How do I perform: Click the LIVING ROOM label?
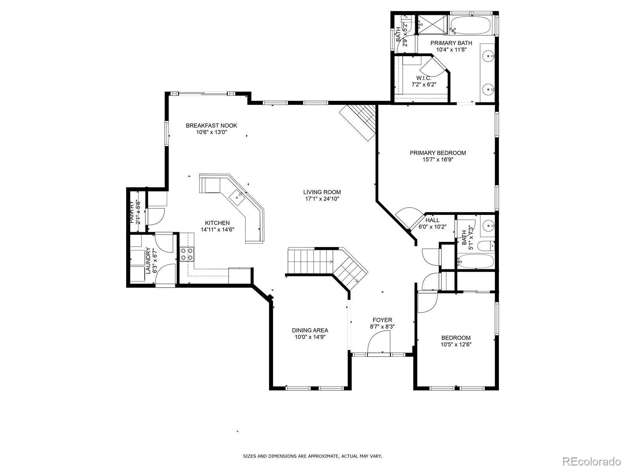click(x=322, y=192)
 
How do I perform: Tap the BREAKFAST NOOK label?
click(x=211, y=125)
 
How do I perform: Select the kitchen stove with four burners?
click(x=187, y=254)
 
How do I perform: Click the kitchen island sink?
click(x=237, y=196)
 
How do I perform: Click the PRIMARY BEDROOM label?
click(x=437, y=153)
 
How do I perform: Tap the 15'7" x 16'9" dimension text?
click(x=438, y=160)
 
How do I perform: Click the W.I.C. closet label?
click(x=424, y=78)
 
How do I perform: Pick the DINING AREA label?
click(x=310, y=330)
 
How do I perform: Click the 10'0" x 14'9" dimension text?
click(x=310, y=337)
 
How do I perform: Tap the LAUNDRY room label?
click(x=148, y=261)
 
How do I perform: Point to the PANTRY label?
click(x=132, y=212)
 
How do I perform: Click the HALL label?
click(x=432, y=220)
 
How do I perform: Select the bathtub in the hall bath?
click(x=475, y=261)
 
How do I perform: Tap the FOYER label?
click(x=382, y=320)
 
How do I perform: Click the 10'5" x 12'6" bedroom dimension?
click(x=456, y=345)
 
